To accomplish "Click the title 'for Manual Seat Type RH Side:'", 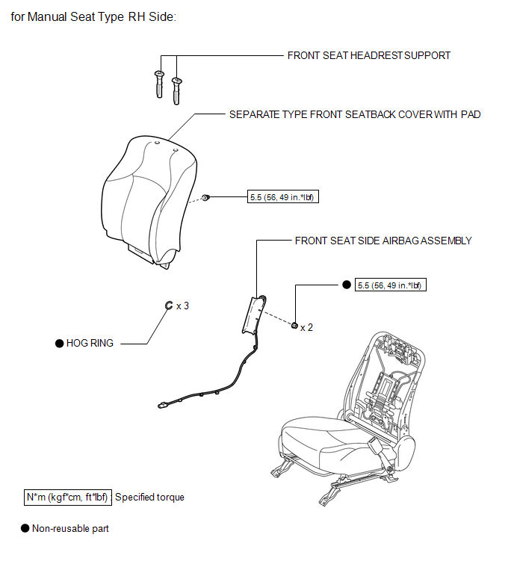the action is pyautogui.click(x=93, y=17).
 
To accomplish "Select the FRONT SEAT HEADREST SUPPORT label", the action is pyautogui.click(x=368, y=55).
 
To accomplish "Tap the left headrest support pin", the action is pyautogui.click(x=159, y=84).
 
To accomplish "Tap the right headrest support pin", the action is pyautogui.click(x=176, y=90).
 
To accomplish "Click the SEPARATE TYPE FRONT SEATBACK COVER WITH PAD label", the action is pyautogui.click(x=355, y=114).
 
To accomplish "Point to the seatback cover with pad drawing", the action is pyautogui.click(x=149, y=202).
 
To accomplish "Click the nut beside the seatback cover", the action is pyautogui.click(x=205, y=197).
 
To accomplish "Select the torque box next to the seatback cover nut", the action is pyautogui.click(x=283, y=197).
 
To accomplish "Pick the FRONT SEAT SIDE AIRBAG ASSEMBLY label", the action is pyautogui.click(x=383, y=241).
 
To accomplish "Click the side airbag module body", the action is pyautogui.click(x=253, y=314).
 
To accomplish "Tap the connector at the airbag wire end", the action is pyautogui.click(x=162, y=406).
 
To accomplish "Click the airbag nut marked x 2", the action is pyautogui.click(x=294, y=326).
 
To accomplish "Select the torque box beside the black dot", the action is pyautogui.click(x=391, y=285).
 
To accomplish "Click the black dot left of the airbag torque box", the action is pyautogui.click(x=347, y=285).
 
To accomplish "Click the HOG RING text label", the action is pyautogui.click(x=90, y=343).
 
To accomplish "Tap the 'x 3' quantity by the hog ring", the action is pyautogui.click(x=183, y=306).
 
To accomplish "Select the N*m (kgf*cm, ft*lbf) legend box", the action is pyautogui.click(x=68, y=498).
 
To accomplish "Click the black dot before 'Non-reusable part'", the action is pyautogui.click(x=25, y=528).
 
